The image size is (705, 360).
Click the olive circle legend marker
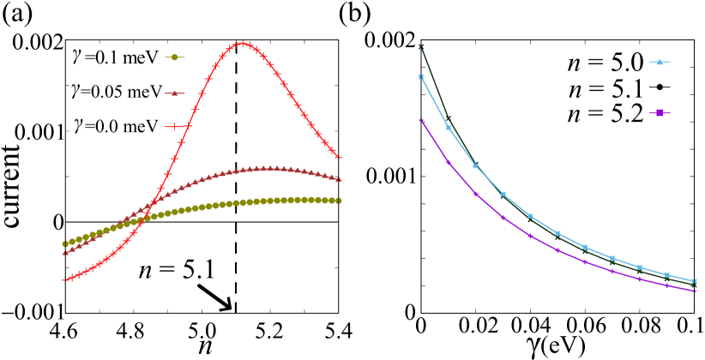(174, 57)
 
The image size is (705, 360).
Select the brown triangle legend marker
(174, 93)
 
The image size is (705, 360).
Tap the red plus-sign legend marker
(174, 127)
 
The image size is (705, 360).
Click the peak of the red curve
(243, 43)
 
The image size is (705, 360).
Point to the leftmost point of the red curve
(64, 280)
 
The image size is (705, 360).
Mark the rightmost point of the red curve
(339, 157)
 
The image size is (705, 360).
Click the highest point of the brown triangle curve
(270, 169)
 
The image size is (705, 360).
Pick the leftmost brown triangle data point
(64, 253)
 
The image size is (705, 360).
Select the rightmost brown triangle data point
(339, 179)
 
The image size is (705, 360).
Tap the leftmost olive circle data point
(64, 244)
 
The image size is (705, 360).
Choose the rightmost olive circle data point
(339, 201)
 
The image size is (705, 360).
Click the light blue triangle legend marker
(659, 62)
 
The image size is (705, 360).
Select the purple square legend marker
(659, 112)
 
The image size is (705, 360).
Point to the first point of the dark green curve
(421, 46)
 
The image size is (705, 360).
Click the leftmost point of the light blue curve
(421, 76)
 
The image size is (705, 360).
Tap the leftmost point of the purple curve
(421, 121)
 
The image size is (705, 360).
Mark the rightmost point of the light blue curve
(694, 281)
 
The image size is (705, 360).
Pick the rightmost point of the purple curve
(694, 291)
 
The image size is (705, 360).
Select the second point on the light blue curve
(448, 128)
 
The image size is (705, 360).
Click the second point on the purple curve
(448, 162)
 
